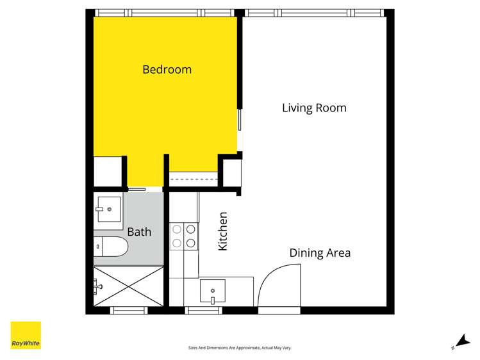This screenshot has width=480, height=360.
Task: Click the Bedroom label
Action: (x=167, y=69)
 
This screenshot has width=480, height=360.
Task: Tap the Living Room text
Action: (x=314, y=108)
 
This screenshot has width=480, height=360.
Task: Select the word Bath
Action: (x=139, y=231)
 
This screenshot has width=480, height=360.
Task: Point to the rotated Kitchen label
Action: (x=223, y=231)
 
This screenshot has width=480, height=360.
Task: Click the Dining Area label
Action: (x=320, y=253)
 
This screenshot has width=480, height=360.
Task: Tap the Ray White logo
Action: (x=26, y=336)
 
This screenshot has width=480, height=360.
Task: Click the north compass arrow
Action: (x=461, y=342)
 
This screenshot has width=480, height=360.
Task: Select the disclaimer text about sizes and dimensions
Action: (x=240, y=348)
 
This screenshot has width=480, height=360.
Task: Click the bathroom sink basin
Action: (x=108, y=209)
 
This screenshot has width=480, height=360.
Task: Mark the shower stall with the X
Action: (x=129, y=287)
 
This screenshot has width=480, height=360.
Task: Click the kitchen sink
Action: (x=212, y=292)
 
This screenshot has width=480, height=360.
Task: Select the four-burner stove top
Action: (x=183, y=236)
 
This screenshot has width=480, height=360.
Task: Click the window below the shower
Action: (x=129, y=311)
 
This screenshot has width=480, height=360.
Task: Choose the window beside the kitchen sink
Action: (x=204, y=311)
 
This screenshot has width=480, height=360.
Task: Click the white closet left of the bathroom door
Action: (x=107, y=171)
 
